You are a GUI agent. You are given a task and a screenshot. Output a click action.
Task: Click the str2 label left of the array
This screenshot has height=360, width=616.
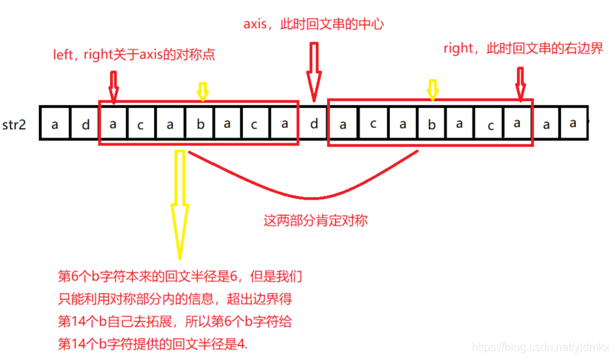(x=16, y=125)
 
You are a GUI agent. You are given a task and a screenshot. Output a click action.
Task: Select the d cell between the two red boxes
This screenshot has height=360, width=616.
(x=314, y=124)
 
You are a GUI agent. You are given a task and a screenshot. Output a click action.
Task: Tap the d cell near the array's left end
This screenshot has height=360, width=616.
(x=84, y=125)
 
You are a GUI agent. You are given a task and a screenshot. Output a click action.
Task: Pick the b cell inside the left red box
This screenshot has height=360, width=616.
(x=200, y=124)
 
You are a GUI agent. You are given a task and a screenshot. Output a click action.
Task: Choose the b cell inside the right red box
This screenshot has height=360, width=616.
(x=431, y=124)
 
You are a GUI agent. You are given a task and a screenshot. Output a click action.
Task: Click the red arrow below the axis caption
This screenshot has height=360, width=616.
(x=314, y=71)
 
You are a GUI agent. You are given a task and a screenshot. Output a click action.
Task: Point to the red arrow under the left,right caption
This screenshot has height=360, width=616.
(x=113, y=84)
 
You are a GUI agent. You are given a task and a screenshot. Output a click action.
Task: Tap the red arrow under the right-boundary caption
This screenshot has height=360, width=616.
(x=521, y=83)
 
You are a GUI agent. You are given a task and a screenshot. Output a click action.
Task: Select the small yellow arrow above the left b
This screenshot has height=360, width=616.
(x=202, y=90)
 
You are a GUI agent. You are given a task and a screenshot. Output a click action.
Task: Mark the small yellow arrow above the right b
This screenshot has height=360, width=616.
(x=432, y=89)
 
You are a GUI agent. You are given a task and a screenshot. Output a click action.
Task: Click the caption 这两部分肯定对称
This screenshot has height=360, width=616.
(x=315, y=221)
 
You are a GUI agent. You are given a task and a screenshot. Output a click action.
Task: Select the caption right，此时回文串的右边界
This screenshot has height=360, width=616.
(x=523, y=49)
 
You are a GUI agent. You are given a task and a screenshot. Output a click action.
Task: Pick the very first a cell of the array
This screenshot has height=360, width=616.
(x=54, y=125)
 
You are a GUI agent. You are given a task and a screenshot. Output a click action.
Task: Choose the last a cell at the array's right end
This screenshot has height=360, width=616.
(x=574, y=124)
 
